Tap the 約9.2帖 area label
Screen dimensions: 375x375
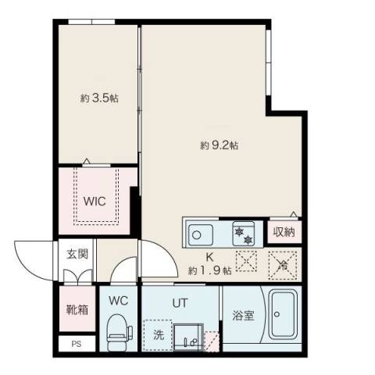click(219, 145)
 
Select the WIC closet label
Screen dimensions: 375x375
click(95, 200)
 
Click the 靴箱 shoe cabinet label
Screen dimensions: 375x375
click(76, 309)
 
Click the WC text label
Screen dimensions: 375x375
click(118, 300)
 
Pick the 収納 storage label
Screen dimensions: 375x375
click(284, 231)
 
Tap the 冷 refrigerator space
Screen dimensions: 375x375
click(284, 263)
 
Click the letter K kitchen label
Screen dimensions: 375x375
click(209, 256)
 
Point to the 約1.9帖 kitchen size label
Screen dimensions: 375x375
click(209, 270)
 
